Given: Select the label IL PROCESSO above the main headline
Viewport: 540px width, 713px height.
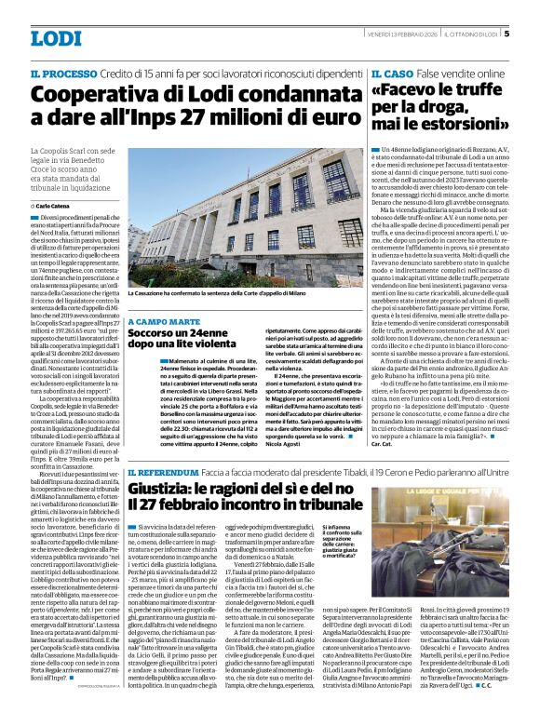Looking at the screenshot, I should pyautogui.click(x=63, y=73).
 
